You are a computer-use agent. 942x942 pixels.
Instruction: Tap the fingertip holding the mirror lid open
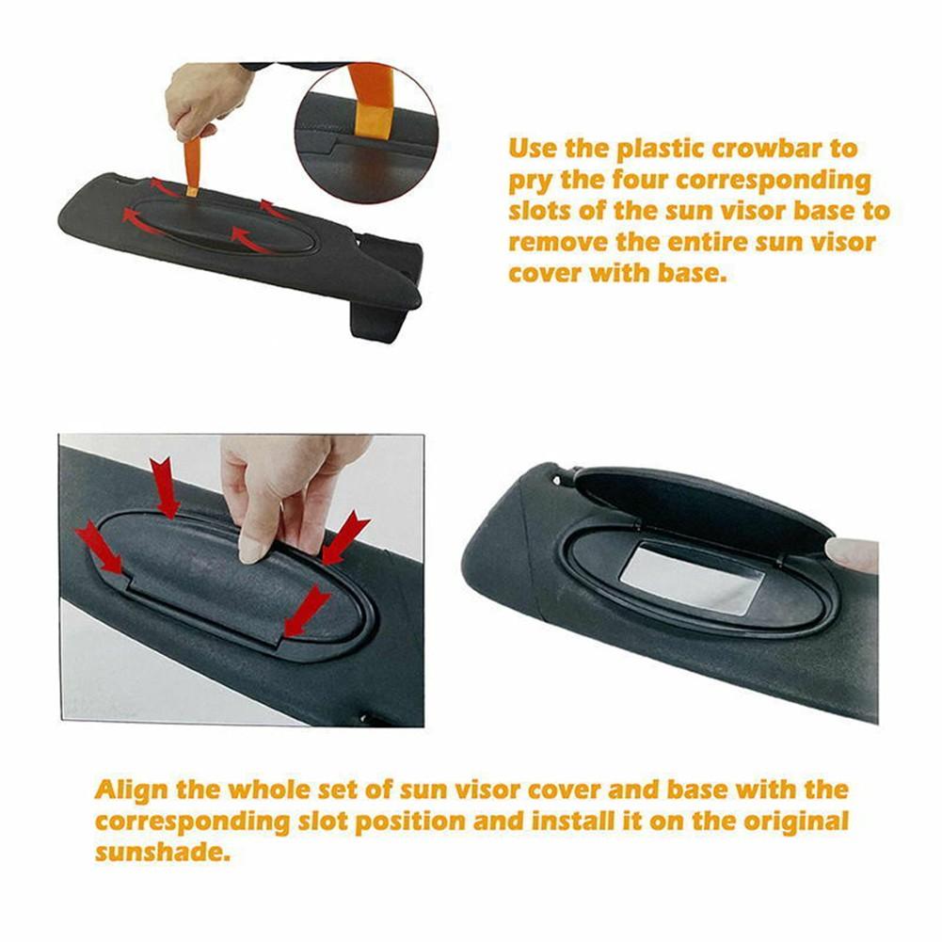coord(852,553)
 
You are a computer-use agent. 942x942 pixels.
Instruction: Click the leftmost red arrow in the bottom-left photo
coord(99,547)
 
